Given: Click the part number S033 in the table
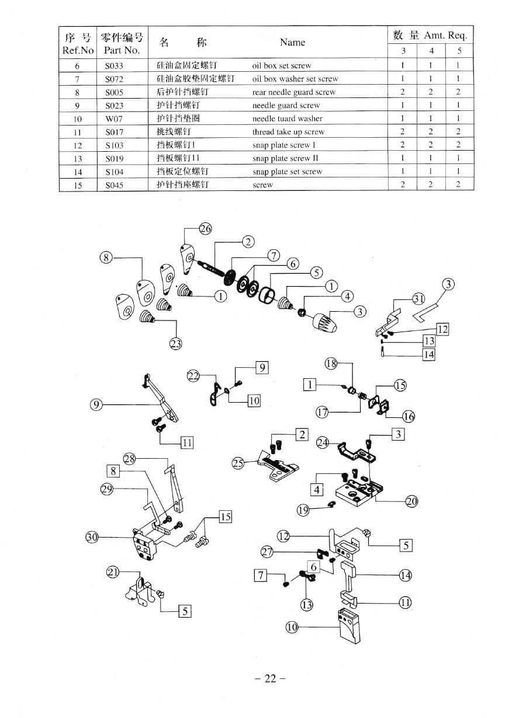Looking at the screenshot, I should point(114,66).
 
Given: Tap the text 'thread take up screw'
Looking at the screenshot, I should point(288,133).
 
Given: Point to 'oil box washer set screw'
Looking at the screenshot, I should point(295,79).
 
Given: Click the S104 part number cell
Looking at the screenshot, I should point(114,172).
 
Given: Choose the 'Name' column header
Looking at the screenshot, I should point(292,42).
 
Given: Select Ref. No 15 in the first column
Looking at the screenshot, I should point(78,186).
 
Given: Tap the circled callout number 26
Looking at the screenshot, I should point(205,228).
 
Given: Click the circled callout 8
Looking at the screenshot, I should point(106,257).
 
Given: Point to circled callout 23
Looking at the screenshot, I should point(175,344).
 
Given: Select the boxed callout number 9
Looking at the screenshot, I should point(262,367).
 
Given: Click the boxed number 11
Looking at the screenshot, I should point(187,443).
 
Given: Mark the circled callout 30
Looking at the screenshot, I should point(92,538).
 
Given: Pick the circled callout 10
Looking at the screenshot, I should point(292,627).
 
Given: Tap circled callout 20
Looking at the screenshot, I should point(411,501).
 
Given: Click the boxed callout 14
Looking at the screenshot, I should point(429,354).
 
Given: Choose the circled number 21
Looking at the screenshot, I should point(112,572).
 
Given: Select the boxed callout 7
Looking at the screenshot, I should point(261,576).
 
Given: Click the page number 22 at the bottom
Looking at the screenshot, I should point(269,678).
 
